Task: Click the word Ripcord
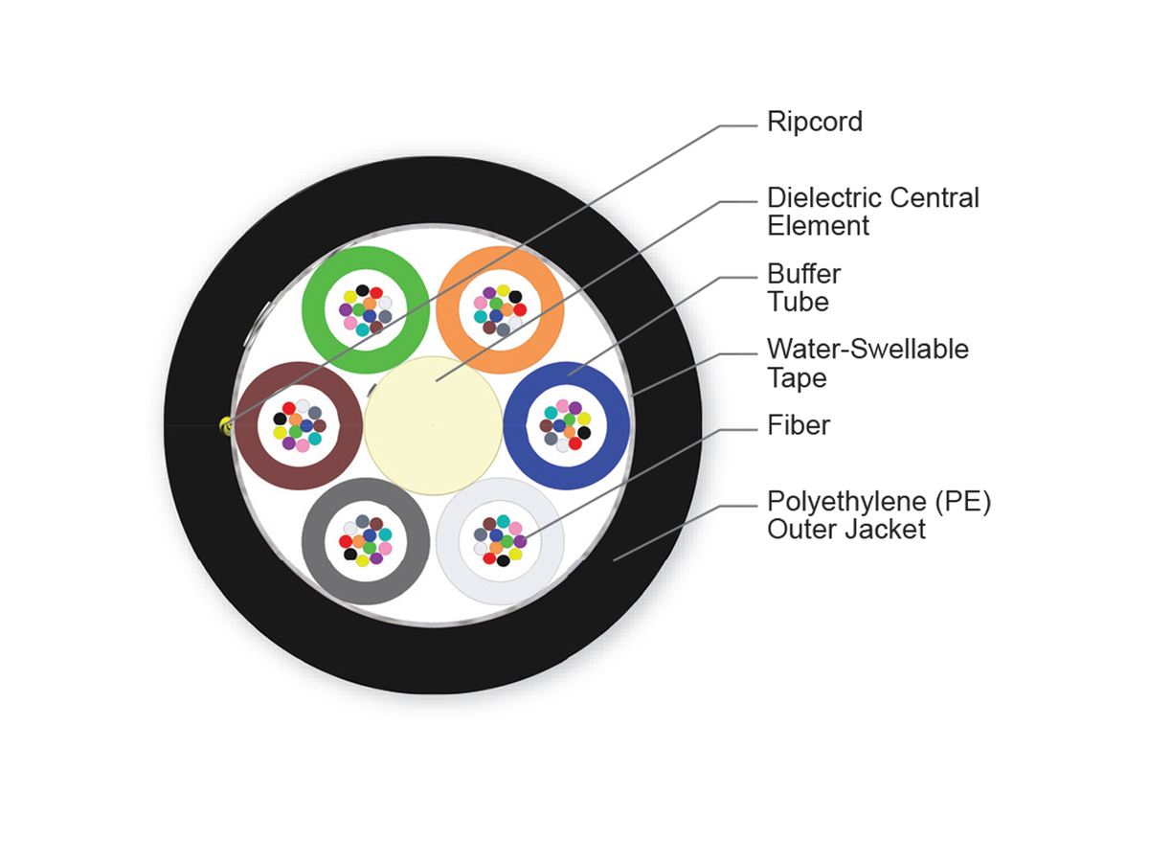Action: point(814,123)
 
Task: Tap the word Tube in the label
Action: point(798,302)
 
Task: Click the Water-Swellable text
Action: point(867,350)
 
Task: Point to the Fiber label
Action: point(798,424)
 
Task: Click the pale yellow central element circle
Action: point(434,425)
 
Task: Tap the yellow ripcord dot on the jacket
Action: point(226,425)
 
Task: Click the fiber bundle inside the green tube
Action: point(365,308)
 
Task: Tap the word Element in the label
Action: point(818,226)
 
